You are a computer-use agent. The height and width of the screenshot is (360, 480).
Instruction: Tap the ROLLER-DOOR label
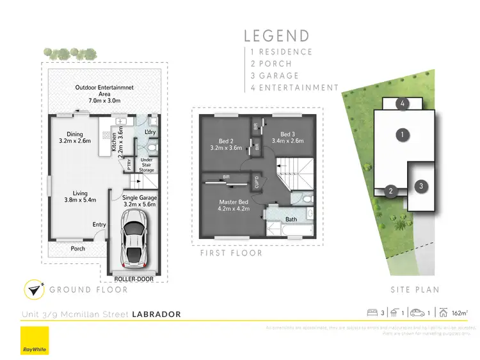pyautogui.click(x=134, y=279)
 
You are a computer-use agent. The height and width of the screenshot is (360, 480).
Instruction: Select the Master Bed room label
pyautogui.click(x=233, y=204)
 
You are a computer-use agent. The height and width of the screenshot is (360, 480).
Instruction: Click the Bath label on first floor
pyautogui.click(x=291, y=218)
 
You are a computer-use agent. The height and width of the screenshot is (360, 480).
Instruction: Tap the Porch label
pyautogui.click(x=77, y=249)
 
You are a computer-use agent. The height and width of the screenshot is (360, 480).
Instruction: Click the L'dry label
pyautogui.click(x=151, y=132)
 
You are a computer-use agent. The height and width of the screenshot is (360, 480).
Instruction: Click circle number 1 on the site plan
pyautogui.click(x=402, y=135)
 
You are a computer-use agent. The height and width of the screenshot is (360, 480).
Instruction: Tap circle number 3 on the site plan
pyautogui.click(x=420, y=186)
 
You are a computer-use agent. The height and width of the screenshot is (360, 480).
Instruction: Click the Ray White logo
pyautogui.click(x=30, y=341)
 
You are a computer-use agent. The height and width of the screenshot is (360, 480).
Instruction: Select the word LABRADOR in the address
pyautogui.click(x=156, y=314)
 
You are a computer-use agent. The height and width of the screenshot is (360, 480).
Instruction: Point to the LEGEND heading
pyautogui.click(x=276, y=37)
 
